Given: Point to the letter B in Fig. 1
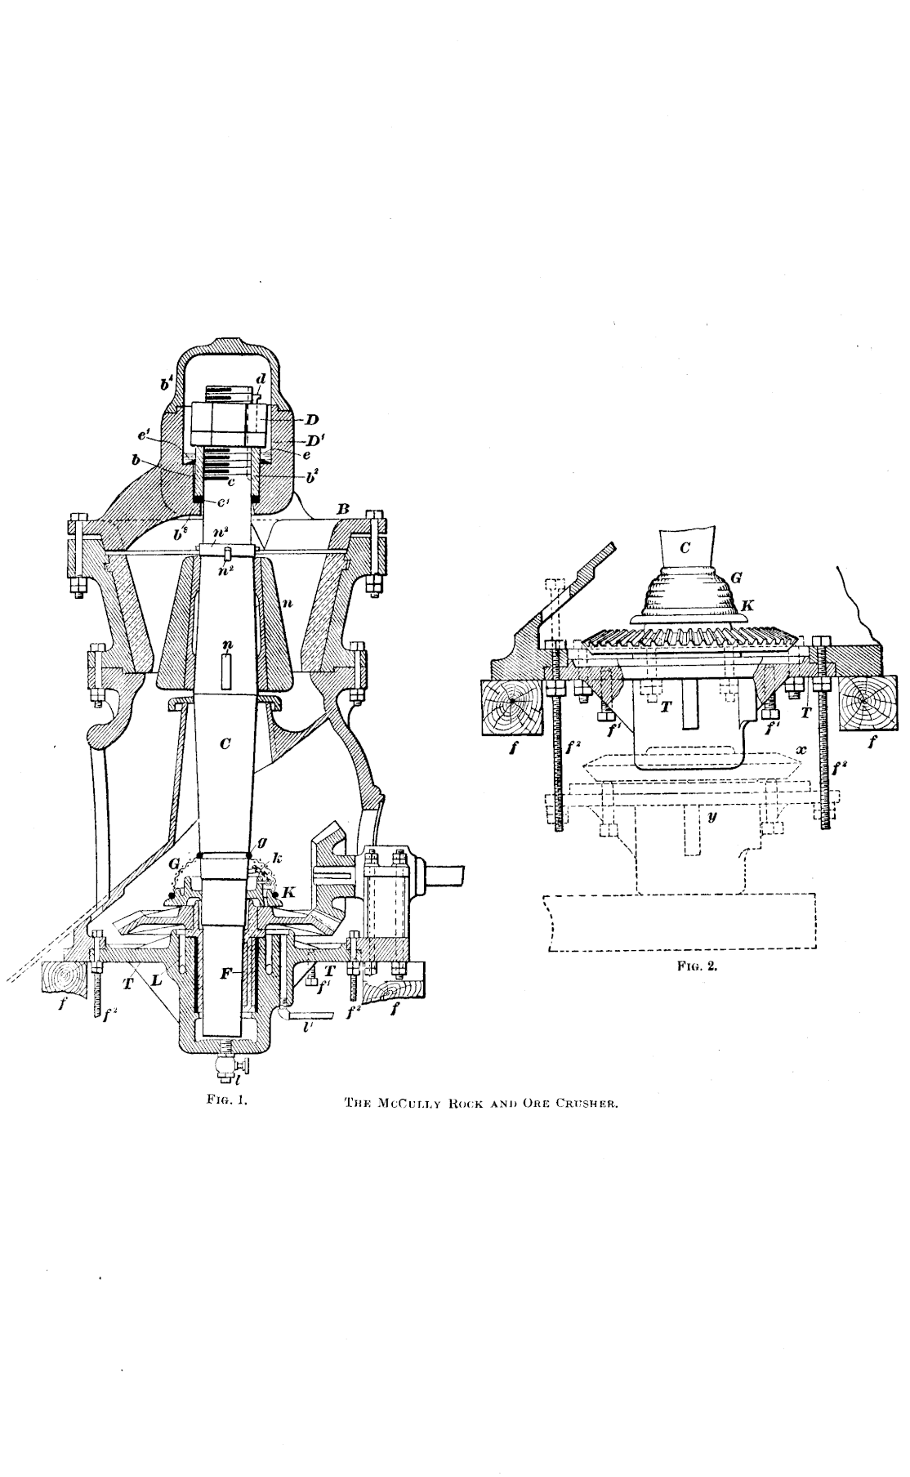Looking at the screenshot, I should click(x=344, y=509).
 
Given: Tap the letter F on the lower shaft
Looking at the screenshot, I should click(x=228, y=975).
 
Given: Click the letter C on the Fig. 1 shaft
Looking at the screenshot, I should click(x=225, y=743).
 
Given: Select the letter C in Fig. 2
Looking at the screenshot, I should click(x=685, y=548).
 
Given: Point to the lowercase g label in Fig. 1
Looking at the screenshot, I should click(x=261, y=839).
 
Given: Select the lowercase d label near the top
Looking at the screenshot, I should click(x=260, y=378).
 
